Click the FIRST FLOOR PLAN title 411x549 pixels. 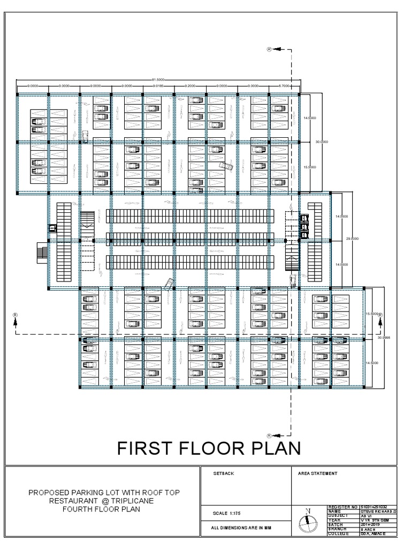pos(209,448)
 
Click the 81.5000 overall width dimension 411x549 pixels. pos(158,80)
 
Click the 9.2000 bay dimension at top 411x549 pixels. pos(190,86)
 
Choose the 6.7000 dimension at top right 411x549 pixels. pos(284,86)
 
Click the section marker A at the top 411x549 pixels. pos(270,49)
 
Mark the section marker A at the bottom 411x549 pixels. pos(270,435)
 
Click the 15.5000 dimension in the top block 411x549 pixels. pos(309,167)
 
